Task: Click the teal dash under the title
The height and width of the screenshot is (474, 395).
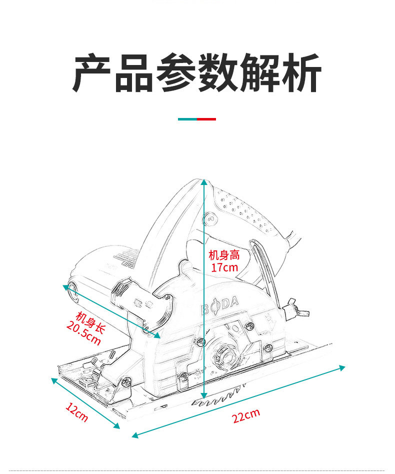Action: (187, 119)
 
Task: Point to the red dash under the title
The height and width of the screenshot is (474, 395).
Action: (206, 119)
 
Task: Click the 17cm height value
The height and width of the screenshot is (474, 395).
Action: (224, 267)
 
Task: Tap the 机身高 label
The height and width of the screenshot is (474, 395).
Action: (224, 255)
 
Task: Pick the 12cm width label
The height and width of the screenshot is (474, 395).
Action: (76, 412)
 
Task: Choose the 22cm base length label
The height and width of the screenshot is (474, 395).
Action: (246, 415)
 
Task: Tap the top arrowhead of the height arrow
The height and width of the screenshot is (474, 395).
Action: (204, 182)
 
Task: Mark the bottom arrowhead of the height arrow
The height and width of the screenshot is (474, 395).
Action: (203, 396)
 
